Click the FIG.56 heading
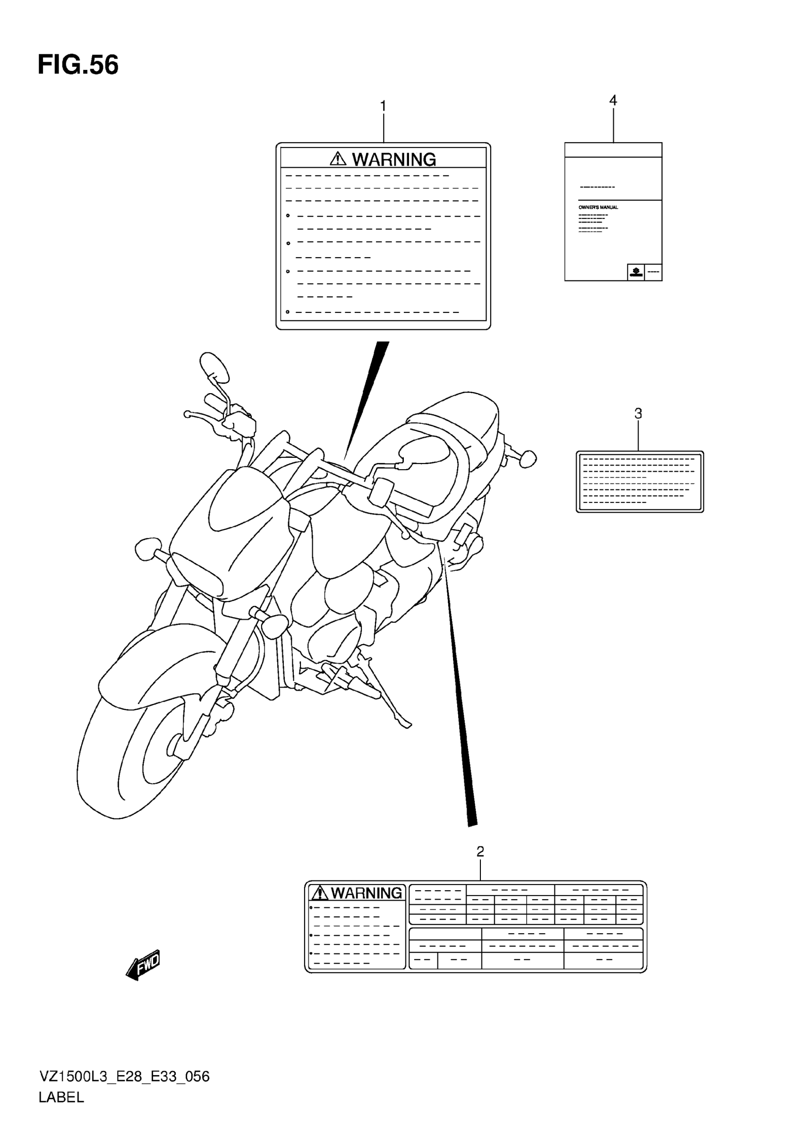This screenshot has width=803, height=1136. click(78, 65)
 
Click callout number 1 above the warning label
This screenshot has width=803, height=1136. click(383, 106)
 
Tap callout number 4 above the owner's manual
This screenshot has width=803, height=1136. click(613, 101)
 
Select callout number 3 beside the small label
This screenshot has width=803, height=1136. click(638, 413)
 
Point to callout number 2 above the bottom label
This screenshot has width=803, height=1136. click(480, 852)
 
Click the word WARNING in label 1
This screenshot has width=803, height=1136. click(393, 160)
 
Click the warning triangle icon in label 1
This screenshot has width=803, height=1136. click(338, 159)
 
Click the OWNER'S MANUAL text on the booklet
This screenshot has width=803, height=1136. click(598, 207)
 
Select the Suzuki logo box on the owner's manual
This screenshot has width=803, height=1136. click(636, 272)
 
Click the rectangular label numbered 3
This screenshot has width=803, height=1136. click(640, 482)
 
